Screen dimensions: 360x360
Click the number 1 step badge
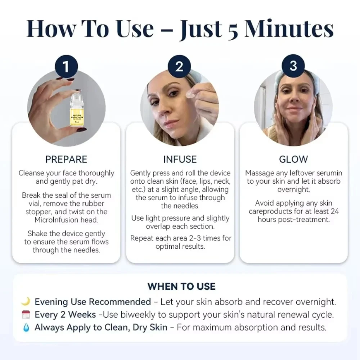[66, 66]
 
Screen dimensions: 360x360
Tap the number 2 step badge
[179, 66]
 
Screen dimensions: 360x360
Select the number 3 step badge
[293, 66]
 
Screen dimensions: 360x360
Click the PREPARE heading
[66, 159]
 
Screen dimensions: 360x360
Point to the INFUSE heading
[180, 159]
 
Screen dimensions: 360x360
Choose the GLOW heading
[293, 159]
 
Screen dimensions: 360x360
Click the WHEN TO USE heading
[181, 287]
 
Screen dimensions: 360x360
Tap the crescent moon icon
[26, 301]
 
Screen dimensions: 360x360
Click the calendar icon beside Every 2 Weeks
[26, 314]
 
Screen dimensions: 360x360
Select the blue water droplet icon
[26, 327]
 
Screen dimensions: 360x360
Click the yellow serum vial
[76, 108]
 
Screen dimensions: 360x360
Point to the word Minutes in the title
[289, 29]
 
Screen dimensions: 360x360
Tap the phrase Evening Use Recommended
[93, 302]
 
